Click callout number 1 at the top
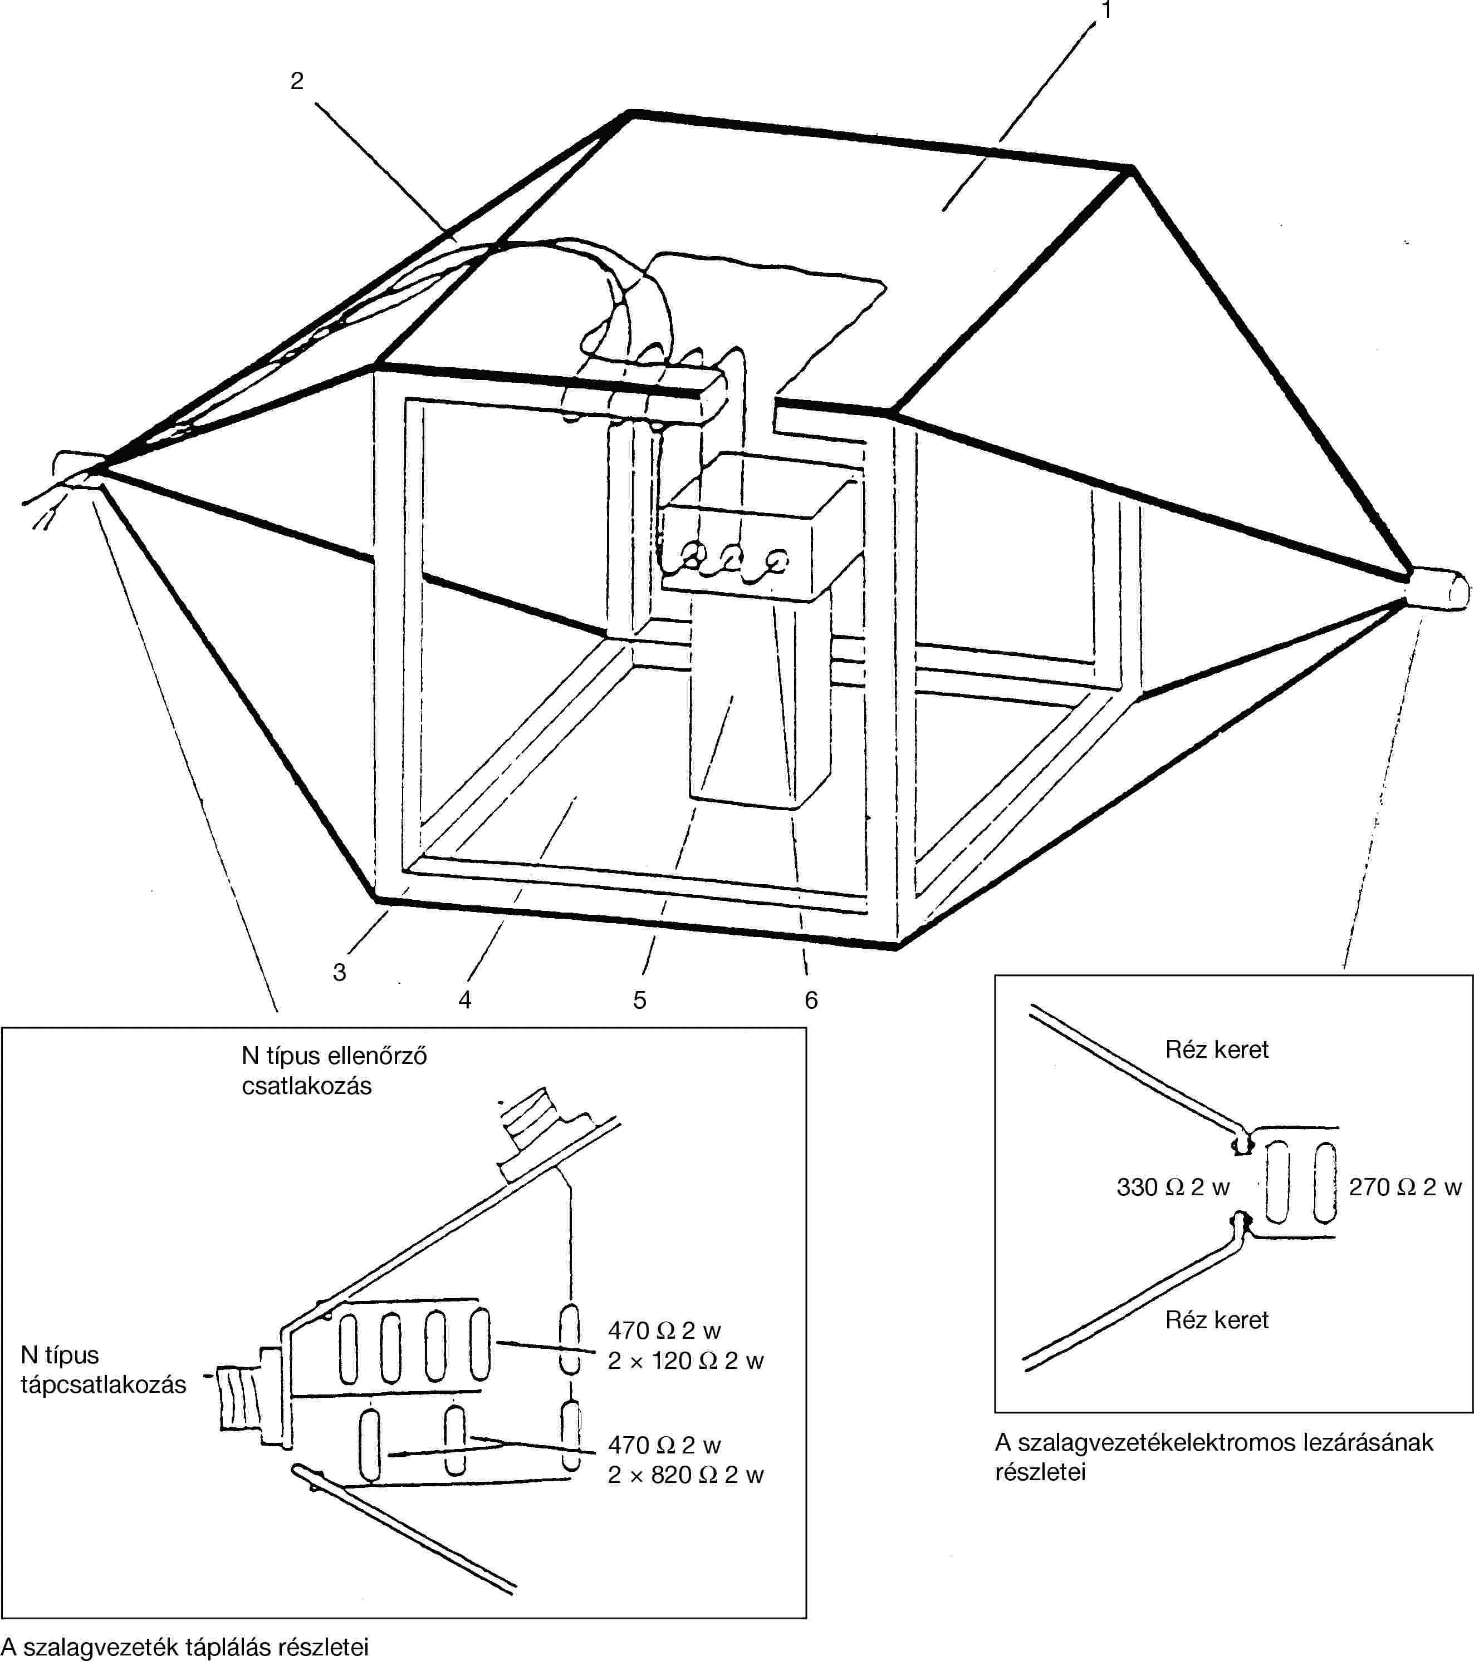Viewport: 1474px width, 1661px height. tap(1106, 11)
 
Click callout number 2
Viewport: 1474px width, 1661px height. tap(297, 81)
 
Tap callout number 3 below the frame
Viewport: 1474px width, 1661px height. tap(340, 972)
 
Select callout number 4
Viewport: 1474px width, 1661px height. tap(465, 999)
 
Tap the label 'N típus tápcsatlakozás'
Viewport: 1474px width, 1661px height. tap(102, 1369)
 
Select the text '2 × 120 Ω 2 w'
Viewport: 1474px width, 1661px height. tap(685, 1361)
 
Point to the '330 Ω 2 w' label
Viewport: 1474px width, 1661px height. tap(1172, 1187)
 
